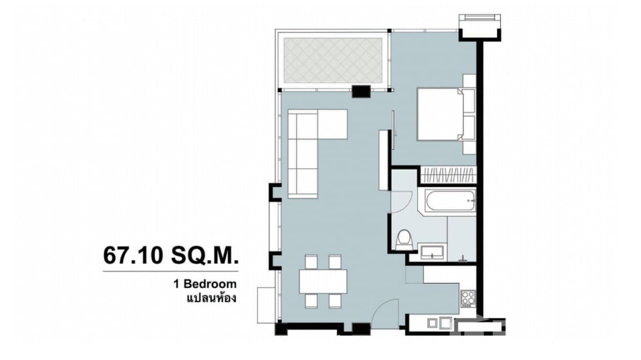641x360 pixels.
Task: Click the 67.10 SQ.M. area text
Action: coord(170,255)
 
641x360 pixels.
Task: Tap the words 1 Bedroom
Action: coord(205,284)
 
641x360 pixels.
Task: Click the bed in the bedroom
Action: coord(440,114)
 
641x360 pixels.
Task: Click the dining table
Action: coord(323,281)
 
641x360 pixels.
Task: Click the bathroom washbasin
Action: coord(432,251)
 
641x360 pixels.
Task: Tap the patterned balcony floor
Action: coord(333,61)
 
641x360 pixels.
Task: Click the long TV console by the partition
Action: coord(384,160)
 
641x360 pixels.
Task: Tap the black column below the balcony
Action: coord(361,91)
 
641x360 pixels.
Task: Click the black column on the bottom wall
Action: coord(361,329)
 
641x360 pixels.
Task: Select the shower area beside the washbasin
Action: coord(462,239)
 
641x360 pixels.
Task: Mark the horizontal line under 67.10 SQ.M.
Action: coord(170,272)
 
